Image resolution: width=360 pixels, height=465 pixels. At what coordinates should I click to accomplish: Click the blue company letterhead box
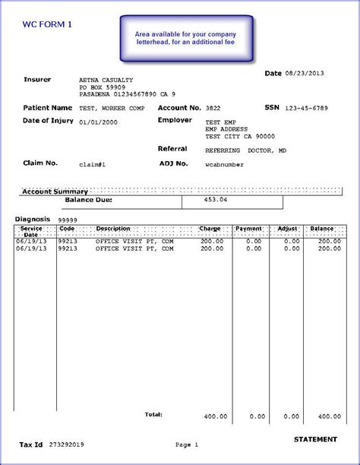(x=185, y=40)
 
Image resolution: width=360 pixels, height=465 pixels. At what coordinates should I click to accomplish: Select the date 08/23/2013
(x=306, y=74)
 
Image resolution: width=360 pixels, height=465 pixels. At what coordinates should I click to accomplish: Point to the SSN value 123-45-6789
(x=307, y=109)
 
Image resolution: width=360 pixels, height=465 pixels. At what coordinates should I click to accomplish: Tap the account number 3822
(x=213, y=109)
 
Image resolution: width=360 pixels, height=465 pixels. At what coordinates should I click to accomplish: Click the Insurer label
(x=37, y=79)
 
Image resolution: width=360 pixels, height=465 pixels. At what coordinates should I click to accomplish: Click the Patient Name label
(x=47, y=108)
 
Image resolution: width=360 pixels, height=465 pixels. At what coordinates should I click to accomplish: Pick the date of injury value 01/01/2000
(x=99, y=122)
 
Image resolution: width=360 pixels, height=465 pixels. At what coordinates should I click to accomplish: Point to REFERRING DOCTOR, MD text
(x=244, y=150)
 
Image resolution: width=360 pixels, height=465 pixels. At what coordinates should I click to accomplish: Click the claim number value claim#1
(x=92, y=163)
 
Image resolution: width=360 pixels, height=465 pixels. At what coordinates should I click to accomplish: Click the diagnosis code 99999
(x=68, y=220)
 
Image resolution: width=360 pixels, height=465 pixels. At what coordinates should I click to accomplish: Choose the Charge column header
(x=210, y=228)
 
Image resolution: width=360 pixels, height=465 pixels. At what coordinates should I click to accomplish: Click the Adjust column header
(x=287, y=228)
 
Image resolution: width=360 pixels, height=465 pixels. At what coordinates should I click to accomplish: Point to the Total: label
(x=153, y=415)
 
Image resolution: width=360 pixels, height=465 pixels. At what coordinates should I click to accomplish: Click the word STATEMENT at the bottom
(x=314, y=439)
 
